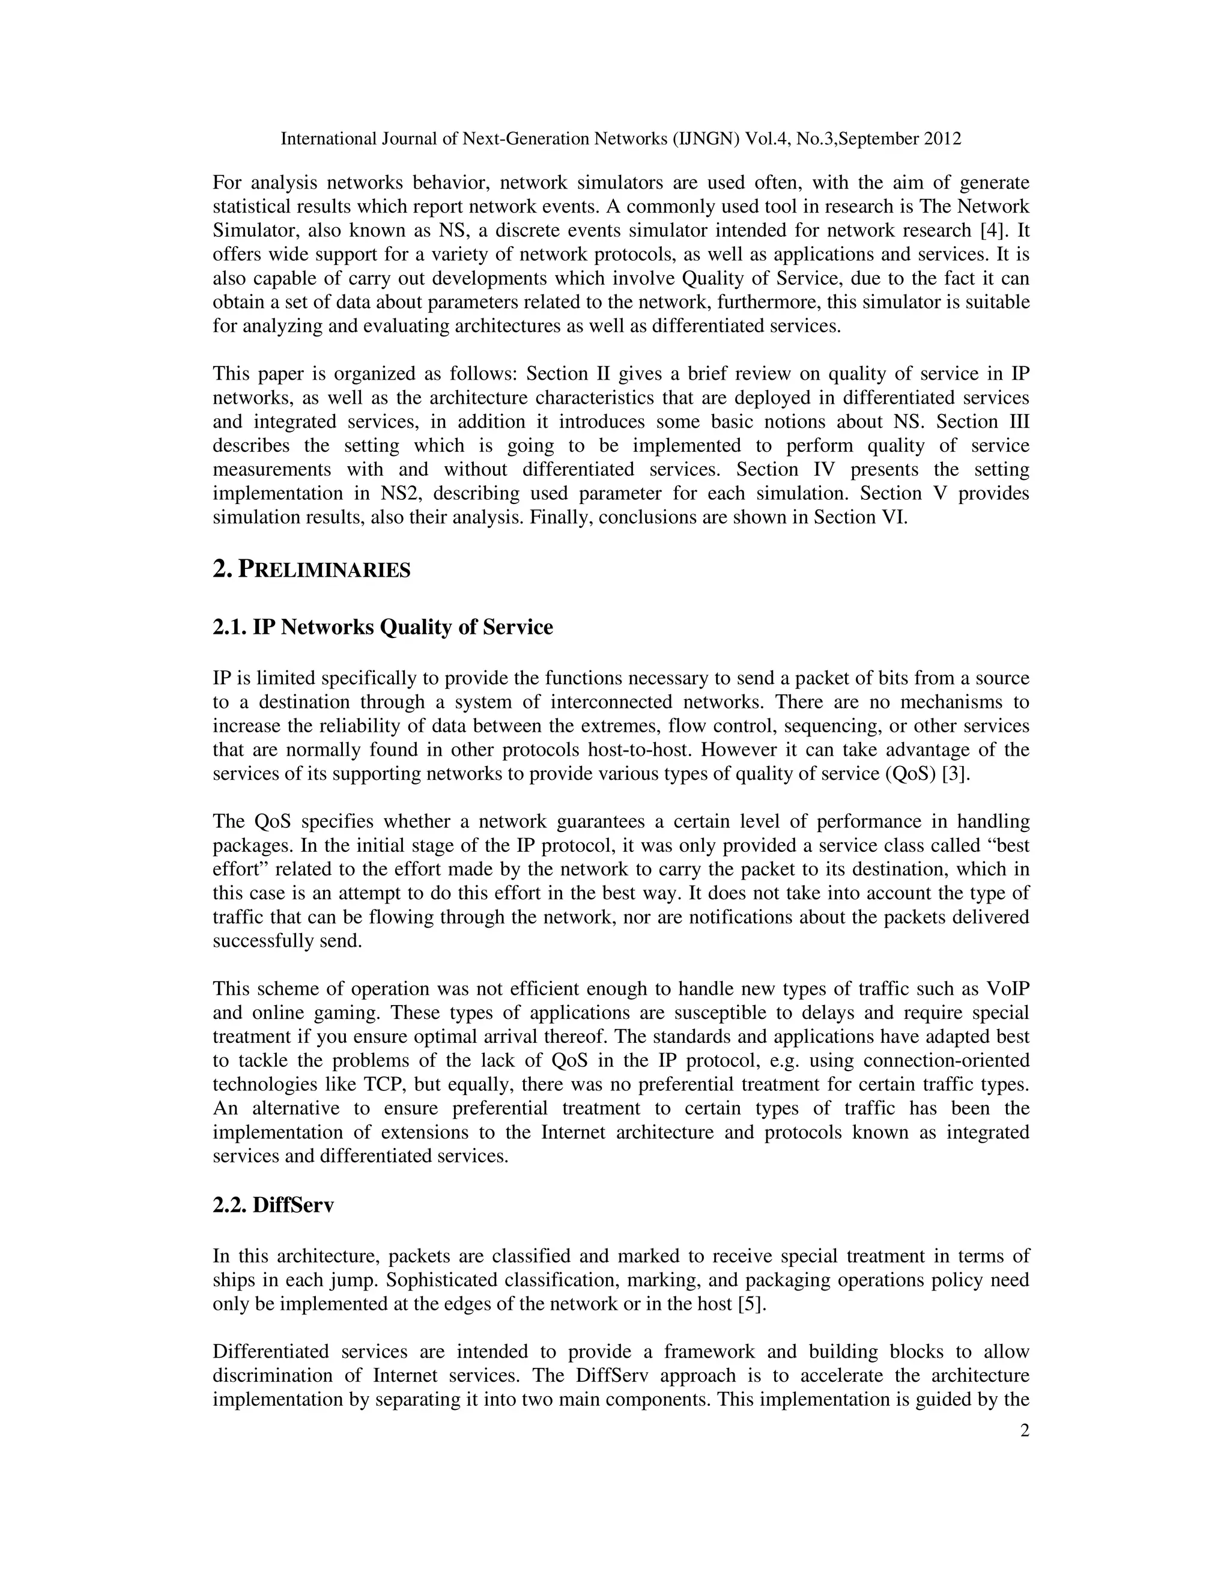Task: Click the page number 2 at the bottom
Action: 1025,1431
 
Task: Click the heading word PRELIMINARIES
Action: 324,570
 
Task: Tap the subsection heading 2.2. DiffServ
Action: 273,1205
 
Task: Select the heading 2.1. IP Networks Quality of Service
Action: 383,627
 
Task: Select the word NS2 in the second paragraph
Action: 398,493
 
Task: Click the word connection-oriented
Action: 946,1060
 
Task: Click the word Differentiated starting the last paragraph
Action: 271,1352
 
